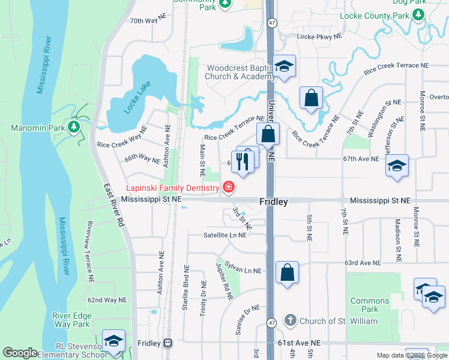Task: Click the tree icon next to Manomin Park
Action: (x=73, y=127)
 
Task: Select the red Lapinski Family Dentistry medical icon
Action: (x=228, y=188)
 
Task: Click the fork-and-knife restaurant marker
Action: (x=243, y=162)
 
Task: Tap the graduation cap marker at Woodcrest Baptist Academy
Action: (x=284, y=67)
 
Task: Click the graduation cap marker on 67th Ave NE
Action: (x=397, y=166)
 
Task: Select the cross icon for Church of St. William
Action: (x=290, y=320)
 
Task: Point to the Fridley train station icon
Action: (x=167, y=343)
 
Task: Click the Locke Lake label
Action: (x=136, y=98)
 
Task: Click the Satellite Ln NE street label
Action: (x=225, y=235)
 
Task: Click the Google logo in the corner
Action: (x=20, y=353)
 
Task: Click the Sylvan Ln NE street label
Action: (x=243, y=268)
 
